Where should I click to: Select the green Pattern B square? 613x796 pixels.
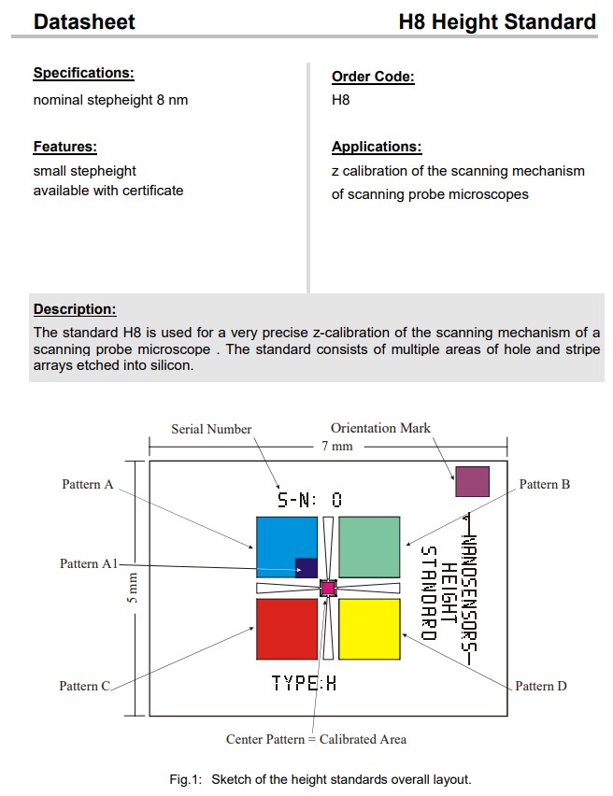point(369,547)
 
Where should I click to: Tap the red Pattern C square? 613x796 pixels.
point(287,629)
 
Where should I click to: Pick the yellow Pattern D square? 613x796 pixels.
point(369,629)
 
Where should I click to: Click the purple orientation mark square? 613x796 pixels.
point(472,481)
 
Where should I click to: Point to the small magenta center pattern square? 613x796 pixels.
point(328,588)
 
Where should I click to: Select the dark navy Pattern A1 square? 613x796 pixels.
point(306,568)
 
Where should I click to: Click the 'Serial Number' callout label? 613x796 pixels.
point(211,429)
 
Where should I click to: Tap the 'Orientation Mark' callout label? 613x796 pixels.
point(380,428)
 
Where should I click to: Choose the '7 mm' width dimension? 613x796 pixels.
point(337,446)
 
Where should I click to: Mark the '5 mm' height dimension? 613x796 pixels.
point(133,589)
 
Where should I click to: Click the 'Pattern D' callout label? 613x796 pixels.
point(541,686)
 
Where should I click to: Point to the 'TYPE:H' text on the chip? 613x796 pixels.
point(304,683)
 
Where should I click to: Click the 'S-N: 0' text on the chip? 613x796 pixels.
point(309,500)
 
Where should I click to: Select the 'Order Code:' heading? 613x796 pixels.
point(373,77)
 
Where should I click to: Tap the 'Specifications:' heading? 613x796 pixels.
point(83,73)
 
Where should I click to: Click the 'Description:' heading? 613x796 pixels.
point(75,309)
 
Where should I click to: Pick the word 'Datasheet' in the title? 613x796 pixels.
point(84,21)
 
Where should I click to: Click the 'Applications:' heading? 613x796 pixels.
point(377,147)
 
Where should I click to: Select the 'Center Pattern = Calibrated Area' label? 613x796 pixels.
point(316,739)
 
